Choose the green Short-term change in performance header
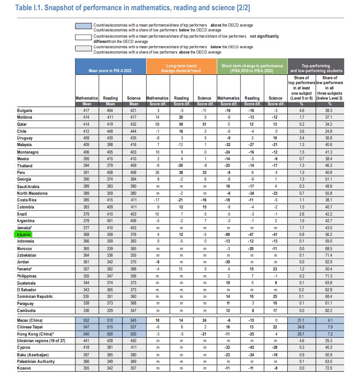252,67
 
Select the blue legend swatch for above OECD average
84,27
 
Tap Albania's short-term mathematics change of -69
228,234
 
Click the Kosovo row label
24,368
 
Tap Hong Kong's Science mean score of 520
133,334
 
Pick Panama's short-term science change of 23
275,269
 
